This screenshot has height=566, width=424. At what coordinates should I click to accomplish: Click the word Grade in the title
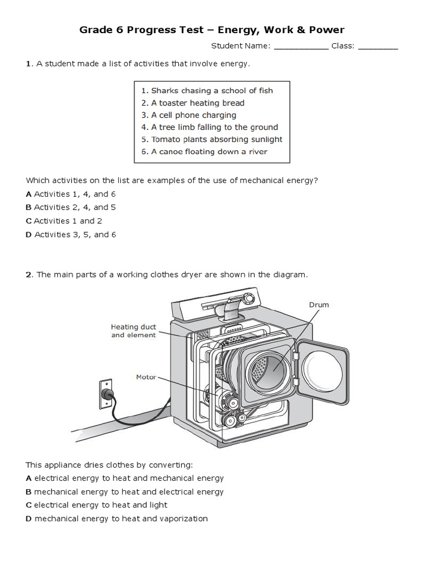pyautogui.click(x=95, y=30)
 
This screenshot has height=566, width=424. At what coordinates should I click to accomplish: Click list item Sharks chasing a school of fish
pyautogui.click(x=206, y=91)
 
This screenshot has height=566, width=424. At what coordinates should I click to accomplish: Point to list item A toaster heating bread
pyautogui.click(x=193, y=103)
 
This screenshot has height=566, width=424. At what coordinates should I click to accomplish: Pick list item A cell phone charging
pyautogui.click(x=189, y=115)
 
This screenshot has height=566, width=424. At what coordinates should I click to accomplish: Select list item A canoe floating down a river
pyautogui.click(x=204, y=151)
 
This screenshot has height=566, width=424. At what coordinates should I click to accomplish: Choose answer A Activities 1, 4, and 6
pyautogui.click(x=71, y=194)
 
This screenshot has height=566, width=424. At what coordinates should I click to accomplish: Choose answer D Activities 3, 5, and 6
pyautogui.click(x=71, y=234)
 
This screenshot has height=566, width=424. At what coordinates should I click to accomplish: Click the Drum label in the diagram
pyautogui.click(x=319, y=305)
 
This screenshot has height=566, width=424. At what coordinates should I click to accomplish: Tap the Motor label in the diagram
pyautogui.click(x=146, y=377)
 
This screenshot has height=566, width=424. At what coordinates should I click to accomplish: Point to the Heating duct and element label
pyautogui.click(x=134, y=331)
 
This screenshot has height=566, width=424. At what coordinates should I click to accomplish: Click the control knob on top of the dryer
pyautogui.click(x=250, y=298)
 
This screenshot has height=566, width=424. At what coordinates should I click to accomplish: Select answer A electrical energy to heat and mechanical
pyautogui.click(x=125, y=478)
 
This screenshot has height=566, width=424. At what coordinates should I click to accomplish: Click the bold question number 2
pyautogui.click(x=29, y=275)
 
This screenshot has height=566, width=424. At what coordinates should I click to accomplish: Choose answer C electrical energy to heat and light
pyautogui.click(x=97, y=505)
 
